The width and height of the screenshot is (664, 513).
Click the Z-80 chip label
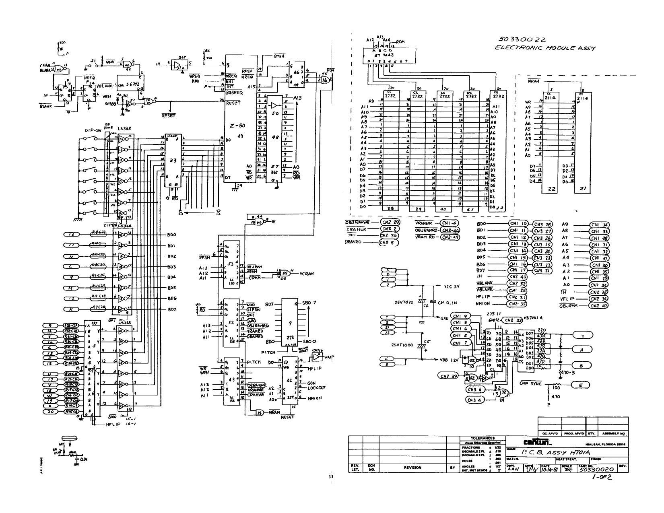tap(237, 126)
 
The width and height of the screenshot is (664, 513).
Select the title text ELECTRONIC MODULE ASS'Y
tap(545, 48)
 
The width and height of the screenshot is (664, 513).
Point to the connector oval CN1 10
tap(518, 224)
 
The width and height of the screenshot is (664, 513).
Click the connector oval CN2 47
tap(599, 305)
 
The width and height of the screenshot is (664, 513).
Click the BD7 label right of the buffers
tap(171, 309)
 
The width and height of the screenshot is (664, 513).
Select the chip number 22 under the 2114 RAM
tap(552, 189)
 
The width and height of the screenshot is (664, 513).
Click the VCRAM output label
tap(307, 274)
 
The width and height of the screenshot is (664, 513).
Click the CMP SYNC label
tap(529, 383)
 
